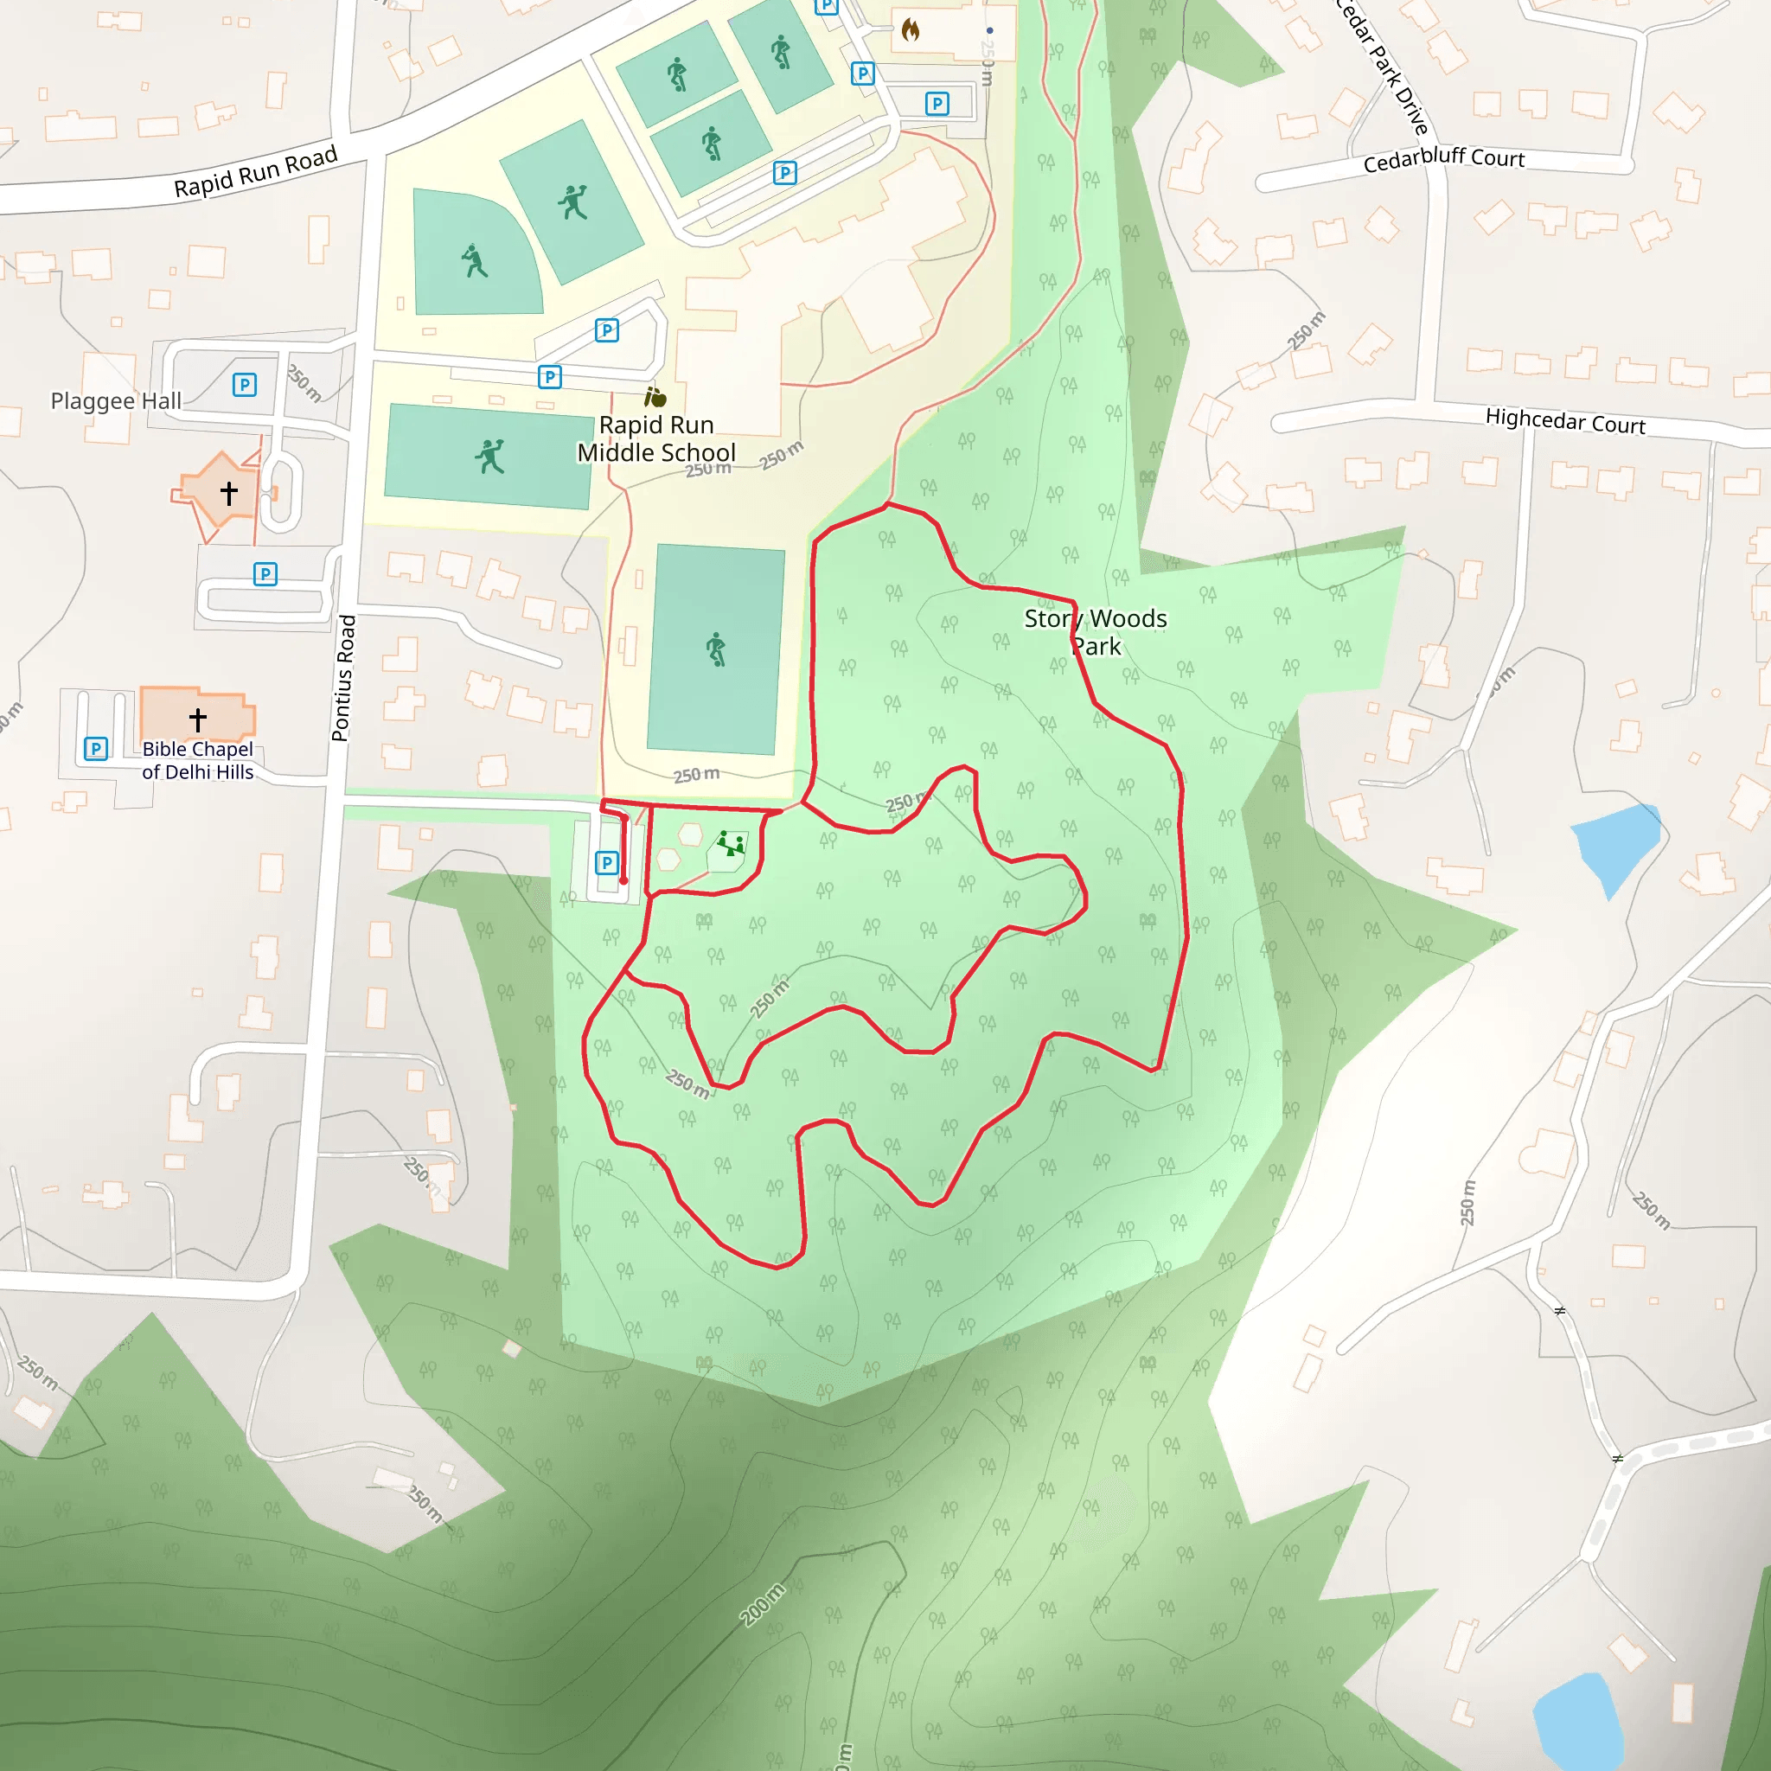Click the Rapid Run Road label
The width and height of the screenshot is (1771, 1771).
click(256, 172)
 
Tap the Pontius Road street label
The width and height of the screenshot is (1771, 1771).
click(344, 677)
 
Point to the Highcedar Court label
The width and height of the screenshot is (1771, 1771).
click(1564, 421)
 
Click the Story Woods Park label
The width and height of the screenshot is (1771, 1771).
click(1096, 632)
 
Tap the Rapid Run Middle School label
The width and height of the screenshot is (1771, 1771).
click(656, 439)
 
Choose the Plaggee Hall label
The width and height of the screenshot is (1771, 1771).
click(116, 400)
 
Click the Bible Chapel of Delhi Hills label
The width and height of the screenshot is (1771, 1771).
click(198, 761)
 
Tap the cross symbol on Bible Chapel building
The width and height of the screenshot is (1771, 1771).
click(198, 719)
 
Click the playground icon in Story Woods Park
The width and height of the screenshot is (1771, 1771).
click(731, 843)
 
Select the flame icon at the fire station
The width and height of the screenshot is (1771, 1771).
click(911, 30)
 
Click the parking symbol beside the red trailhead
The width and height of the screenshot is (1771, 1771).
click(606, 862)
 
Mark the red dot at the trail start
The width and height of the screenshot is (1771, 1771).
click(624, 881)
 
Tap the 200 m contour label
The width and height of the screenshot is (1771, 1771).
click(764, 1604)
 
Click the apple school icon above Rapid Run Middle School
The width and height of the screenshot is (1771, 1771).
click(655, 398)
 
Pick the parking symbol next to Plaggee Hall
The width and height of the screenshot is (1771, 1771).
click(244, 385)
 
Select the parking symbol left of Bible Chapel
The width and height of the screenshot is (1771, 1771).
click(95, 749)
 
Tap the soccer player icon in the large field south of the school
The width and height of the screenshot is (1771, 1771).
click(716, 649)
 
